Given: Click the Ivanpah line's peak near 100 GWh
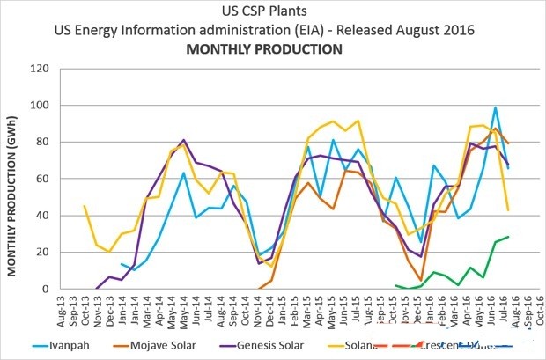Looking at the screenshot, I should point(496,107).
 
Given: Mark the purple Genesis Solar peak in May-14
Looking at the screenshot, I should point(183,140).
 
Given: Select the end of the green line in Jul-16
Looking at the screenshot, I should point(508,237).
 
